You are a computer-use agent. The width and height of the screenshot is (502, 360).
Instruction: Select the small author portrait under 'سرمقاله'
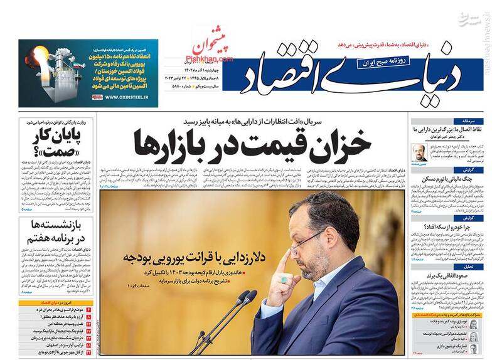(x=419, y=151)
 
